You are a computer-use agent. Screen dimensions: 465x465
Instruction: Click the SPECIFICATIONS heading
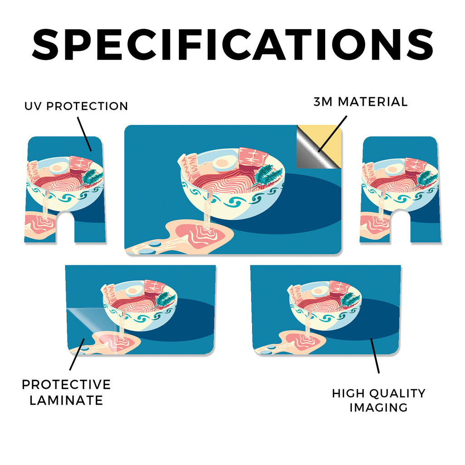coord(232,45)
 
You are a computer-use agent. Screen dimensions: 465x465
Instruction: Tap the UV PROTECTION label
coord(76,106)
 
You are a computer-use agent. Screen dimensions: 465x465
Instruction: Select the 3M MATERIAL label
coord(361,102)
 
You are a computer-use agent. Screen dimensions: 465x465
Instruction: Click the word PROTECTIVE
coord(66,385)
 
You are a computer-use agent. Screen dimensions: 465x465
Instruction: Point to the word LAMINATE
coord(66,401)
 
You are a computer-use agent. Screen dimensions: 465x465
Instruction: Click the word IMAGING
coord(378,407)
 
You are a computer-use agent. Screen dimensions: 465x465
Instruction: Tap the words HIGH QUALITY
coord(379,393)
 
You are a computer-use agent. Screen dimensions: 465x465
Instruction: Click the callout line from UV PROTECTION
coord(84,134)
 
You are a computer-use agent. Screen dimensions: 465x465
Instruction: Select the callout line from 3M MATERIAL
coord(332,134)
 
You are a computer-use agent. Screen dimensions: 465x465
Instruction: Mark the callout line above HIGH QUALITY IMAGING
coord(375,356)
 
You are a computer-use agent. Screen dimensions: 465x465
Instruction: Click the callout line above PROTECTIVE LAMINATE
coord(77,354)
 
